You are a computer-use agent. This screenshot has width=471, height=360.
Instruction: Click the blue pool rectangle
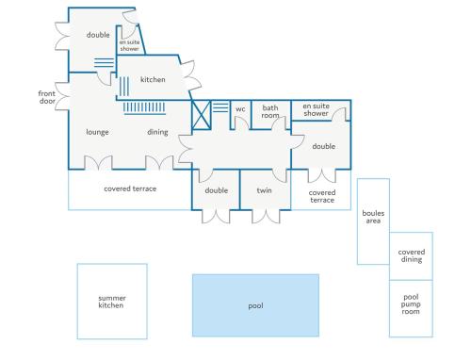coord(255,305)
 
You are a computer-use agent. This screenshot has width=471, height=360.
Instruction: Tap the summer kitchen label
coord(112,302)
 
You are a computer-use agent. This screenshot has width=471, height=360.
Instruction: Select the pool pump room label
coord(411,304)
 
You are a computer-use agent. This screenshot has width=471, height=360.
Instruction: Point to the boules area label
coord(373,217)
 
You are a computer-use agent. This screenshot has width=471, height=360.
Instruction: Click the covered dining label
coord(412,255)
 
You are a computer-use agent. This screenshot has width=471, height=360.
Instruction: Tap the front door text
coord(47,97)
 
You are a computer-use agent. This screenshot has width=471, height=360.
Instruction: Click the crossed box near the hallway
coord(201,115)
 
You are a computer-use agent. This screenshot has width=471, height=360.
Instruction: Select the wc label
coord(240,109)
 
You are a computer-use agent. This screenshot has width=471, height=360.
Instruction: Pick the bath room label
coord(270,111)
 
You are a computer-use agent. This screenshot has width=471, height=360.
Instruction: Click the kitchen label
coord(153,79)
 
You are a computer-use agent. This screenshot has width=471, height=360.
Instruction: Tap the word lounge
coord(97,132)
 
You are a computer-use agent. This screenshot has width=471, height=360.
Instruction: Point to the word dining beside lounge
coord(157,132)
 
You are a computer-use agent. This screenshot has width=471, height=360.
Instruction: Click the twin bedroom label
coord(264,190)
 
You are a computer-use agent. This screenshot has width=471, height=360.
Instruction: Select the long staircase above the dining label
coord(144,108)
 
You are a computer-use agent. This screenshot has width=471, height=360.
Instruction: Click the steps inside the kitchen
coord(124,87)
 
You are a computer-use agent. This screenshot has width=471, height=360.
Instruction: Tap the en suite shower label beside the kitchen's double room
coord(129,45)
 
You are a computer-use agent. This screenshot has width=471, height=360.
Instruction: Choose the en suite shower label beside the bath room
coord(316,109)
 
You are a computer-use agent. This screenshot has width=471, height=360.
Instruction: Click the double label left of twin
coord(217,190)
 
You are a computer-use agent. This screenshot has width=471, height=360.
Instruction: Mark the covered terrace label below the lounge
coord(130,188)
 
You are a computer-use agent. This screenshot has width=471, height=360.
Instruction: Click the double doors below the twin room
coord(266,216)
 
